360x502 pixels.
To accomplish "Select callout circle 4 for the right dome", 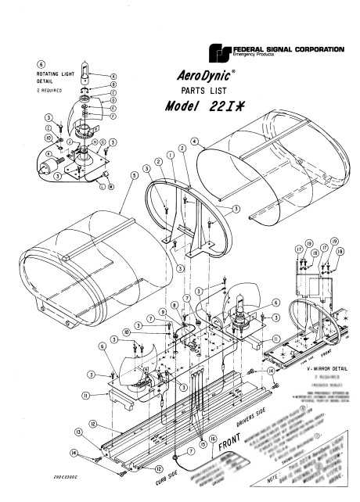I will pos(193,143).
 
